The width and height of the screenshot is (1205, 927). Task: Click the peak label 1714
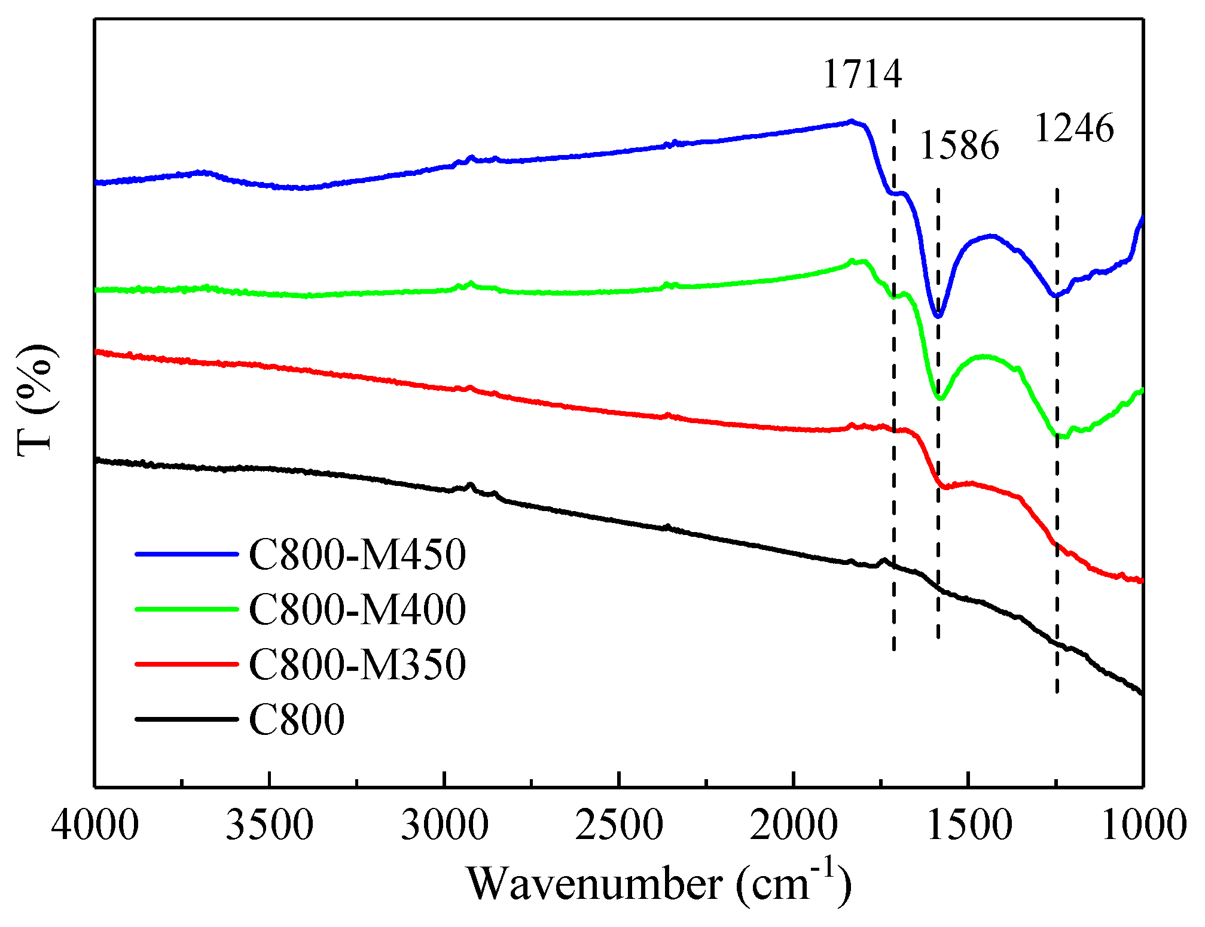(862, 74)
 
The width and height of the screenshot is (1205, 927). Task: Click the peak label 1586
(959, 145)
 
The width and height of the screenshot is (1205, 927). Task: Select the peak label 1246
(1074, 128)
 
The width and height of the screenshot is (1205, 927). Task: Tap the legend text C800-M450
(357, 554)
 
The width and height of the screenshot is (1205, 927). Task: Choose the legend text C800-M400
(357, 609)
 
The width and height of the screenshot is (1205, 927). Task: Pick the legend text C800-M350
(357, 664)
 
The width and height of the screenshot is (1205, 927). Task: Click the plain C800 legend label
(297, 719)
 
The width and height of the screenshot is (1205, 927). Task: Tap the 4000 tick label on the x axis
(94, 825)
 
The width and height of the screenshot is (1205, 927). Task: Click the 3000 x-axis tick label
(444, 825)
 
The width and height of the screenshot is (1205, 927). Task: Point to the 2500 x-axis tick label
(619, 825)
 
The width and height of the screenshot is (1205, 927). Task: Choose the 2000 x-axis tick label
(794, 825)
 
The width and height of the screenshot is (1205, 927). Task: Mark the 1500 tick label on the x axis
(968, 825)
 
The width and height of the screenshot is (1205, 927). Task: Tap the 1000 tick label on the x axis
(1143, 825)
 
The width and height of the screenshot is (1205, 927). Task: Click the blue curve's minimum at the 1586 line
(938, 315)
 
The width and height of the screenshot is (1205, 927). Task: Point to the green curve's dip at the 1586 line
(939, 398)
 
